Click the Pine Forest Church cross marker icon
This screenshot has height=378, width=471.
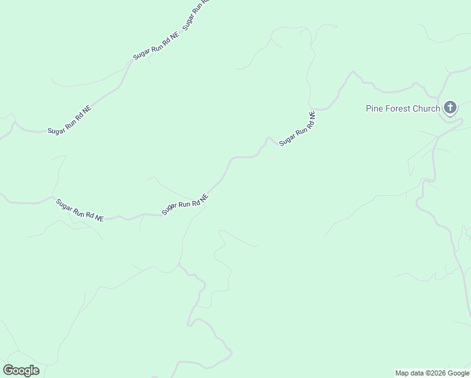point(450,108)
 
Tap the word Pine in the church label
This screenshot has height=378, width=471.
point(375,108)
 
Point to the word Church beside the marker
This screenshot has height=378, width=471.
point(426,108)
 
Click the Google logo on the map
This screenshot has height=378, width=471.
point(21,370)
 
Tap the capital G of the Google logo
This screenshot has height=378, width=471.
point(8,370)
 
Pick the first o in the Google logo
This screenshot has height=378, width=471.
point(15,371)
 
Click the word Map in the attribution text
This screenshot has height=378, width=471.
point(402,373)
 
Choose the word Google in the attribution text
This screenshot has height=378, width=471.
point(458,373)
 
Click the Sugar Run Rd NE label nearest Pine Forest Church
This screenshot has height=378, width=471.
point(297,129)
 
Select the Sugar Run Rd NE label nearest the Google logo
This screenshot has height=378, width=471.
point(80,210)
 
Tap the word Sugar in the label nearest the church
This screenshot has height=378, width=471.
point(286,140)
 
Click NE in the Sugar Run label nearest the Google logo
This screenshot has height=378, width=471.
point(99,218)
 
